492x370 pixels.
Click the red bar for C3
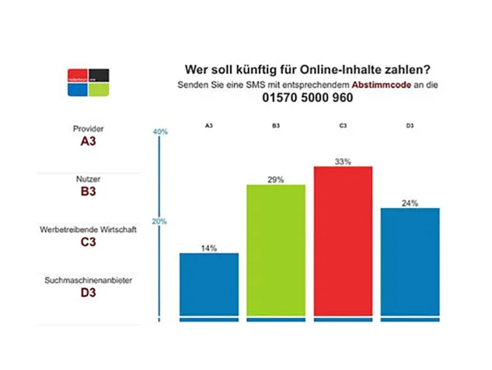point(343,241)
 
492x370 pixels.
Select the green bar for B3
point(276,249)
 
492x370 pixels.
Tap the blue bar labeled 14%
point(208,284)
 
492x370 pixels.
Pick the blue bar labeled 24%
point(410,262)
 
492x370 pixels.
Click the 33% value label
point(343,161)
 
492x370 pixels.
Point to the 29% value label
point(276,179)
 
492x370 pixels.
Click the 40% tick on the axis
point(160,132)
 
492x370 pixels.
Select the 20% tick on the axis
point(160,222)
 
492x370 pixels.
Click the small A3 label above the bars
point(209,125)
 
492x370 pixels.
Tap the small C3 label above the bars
point(344,125)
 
